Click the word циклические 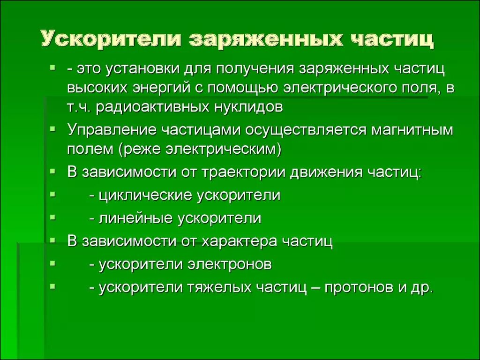pyautogui.click(x=145, y=195)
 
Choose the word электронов pyautogui.click(x=230, y=264)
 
